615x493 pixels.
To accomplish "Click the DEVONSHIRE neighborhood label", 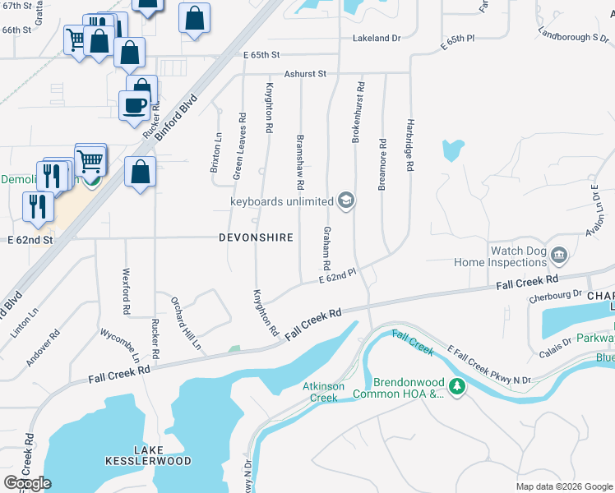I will click(256, 237).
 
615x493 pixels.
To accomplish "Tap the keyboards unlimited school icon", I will click(346, 200).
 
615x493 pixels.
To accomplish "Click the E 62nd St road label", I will click(30, 241).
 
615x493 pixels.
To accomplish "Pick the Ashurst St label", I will click(306, 74).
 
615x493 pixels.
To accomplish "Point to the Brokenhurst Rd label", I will click(358, 113).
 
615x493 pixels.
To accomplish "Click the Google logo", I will click(27, 483).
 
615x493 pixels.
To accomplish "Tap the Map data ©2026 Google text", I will click(563, 486).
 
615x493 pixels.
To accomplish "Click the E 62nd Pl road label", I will click(338, 277).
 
